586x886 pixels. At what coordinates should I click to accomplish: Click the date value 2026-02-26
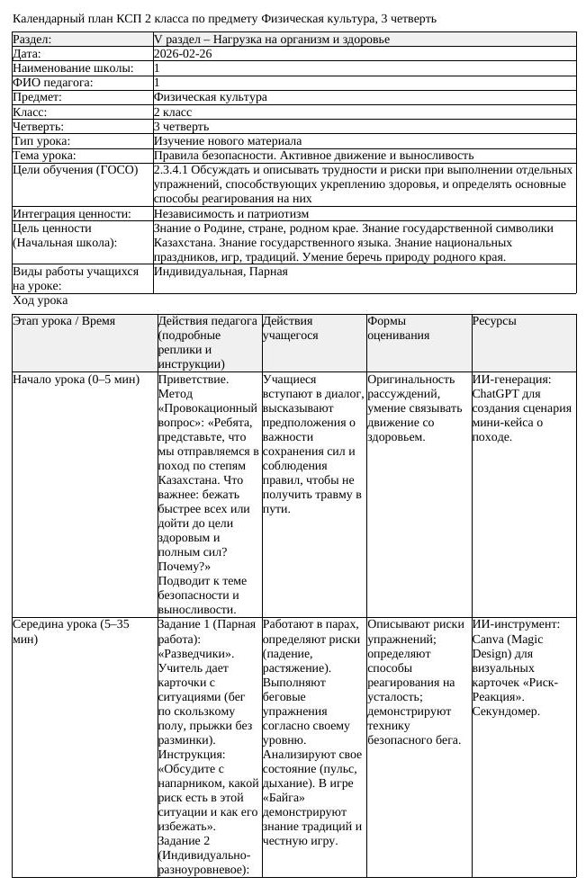183,54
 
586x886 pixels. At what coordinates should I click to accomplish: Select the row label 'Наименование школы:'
72,68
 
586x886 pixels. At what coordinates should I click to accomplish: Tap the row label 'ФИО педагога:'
52,83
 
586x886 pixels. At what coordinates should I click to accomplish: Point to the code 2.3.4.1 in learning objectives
174,170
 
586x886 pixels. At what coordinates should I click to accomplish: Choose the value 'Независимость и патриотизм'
231,214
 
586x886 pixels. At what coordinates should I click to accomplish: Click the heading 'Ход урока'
40,300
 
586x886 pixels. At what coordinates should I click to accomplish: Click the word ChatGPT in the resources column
498,393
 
